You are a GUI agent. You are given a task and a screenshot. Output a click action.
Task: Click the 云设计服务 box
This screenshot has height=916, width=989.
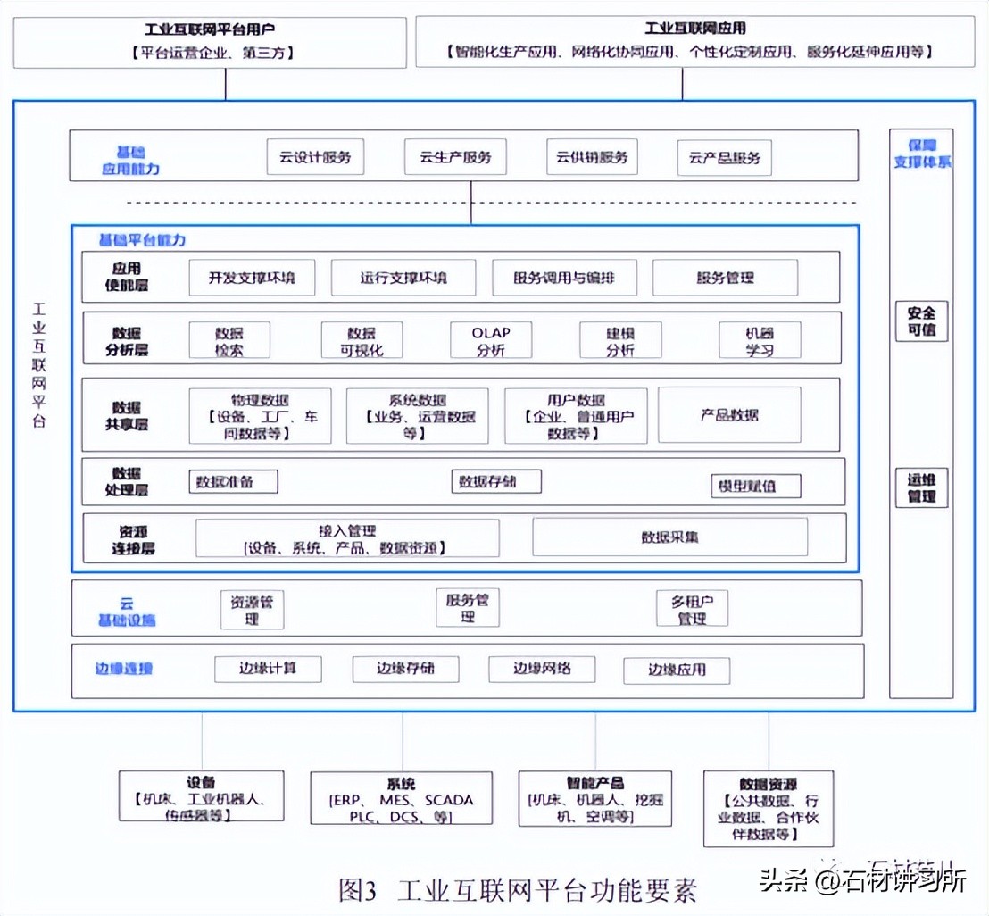click(315, 157)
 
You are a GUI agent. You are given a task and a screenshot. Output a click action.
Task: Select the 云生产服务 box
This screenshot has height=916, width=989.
click(455, 157)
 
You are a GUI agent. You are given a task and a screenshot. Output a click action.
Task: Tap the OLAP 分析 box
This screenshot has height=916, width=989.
click(491, 341)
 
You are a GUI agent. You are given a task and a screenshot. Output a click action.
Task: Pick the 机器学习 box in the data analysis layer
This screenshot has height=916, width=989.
click(760, 341)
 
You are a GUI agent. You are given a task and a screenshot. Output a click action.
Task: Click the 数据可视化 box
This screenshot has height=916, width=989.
click(362, 341)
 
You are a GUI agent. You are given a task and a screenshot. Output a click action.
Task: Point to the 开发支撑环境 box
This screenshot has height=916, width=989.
click(253, 278)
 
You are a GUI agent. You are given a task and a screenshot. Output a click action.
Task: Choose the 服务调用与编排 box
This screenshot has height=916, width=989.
click(565, 278)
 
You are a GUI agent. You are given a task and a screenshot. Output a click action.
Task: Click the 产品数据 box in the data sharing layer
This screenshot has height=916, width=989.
click(729, 415)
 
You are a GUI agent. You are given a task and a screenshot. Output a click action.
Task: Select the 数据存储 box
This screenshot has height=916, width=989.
click(496, 482)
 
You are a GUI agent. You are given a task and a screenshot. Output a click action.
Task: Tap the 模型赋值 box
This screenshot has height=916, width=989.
click(755, 487)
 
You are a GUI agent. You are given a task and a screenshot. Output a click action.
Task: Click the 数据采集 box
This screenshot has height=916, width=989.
click(669, 537)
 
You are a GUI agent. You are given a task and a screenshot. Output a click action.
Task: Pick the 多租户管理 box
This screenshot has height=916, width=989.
click(692, 608)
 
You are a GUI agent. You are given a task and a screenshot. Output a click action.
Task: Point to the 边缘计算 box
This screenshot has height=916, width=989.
click(268, 669)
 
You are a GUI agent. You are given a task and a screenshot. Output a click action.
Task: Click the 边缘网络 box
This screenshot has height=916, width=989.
click(542, 669)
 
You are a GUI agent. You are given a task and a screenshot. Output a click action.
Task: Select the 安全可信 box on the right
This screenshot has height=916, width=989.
click(921, 321)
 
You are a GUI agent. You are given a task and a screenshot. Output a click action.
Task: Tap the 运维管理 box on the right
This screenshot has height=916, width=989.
click(921, 487)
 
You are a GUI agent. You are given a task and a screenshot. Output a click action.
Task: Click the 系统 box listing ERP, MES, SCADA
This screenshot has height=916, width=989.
click(401, 797)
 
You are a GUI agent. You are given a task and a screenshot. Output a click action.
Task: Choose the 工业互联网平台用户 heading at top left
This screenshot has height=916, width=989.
click(210, 29)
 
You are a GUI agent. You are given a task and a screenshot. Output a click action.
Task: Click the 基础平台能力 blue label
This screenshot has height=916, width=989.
click(143, 240)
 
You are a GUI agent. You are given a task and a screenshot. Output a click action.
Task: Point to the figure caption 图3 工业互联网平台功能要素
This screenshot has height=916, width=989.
click(518, 889)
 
